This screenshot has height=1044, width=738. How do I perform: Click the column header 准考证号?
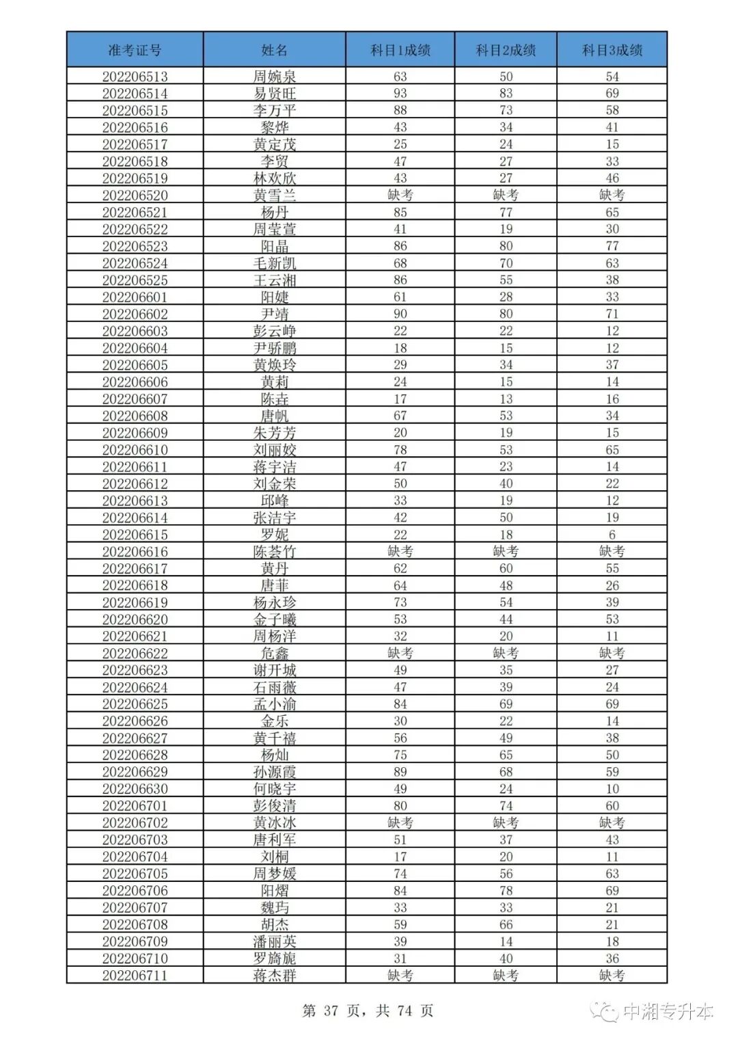pyautogui.click(x=135, y=50)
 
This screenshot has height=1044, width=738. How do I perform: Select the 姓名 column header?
pyautogui.click(x=274, y=50)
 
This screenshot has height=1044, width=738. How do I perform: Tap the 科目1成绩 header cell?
pyautogui.click(x=400, y=50)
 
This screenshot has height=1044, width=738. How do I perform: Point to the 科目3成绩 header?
pyautogui.click(x=612, y=50)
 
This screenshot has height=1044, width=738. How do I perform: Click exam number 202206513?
pyautogui.click(x=135, y=77)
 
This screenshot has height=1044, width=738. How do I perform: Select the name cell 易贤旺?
pyautogui.click(x=274, y=94)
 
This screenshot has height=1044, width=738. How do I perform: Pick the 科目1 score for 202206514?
pyautogui.click(x=400, y=94)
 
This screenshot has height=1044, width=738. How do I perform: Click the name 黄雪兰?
pyautogui.click(x=274, y=196)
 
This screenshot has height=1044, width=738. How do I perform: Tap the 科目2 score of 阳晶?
pyautogui.click(x=506, y=246)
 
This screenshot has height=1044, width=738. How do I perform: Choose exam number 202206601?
pyautogui.click(x=135, y=297)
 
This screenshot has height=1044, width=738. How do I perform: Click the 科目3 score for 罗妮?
pyautogui.click(x=612, y=535)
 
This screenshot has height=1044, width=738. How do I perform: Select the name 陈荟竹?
pyautogui.click(x=274, y=552)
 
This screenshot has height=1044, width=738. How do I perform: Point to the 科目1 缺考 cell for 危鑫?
pyautogui.click(x=400, y=653)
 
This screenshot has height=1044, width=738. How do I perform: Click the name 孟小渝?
pyautogui.click(x=274, y=704)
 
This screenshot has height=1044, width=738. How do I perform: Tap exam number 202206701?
pyautogui.click(x=135, y=806)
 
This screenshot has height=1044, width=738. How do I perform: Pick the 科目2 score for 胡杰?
pyautogui.click(x=506, y=924)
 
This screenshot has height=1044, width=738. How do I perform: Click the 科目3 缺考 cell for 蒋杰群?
pyautogui.click(x=612, y=976)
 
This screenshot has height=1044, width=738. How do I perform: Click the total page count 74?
pyautogui.click(x=405, y=1010)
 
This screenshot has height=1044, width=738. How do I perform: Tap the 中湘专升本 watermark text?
pyautogui.click(x=668, y=1011)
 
